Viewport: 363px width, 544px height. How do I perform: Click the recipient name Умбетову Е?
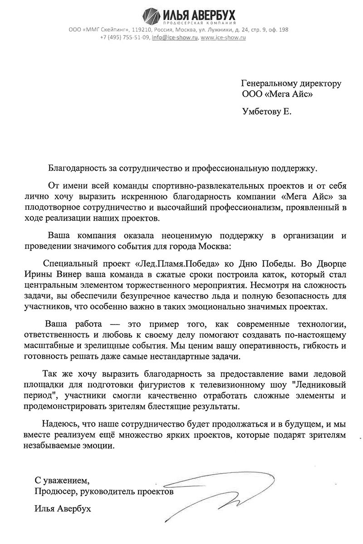pyautogui.click(x=266, y=111)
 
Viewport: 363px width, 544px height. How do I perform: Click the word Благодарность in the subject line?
pyautogui.click(x=77, y=168)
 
